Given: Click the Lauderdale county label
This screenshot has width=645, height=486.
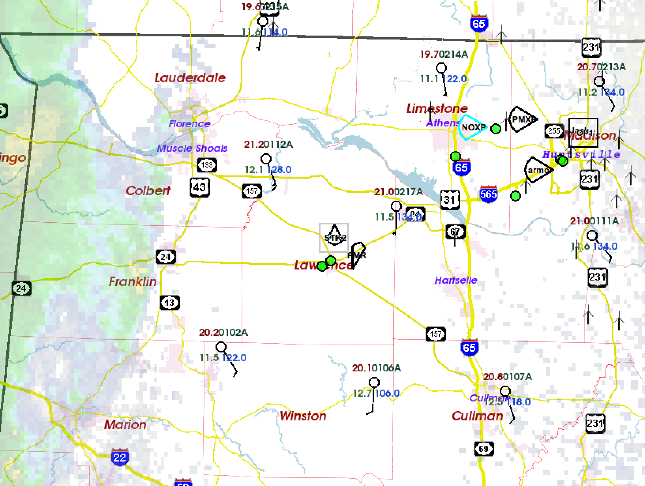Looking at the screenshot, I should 190,78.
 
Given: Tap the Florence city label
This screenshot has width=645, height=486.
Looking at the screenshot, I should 189,124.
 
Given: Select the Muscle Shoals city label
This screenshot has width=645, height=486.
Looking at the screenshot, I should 192,149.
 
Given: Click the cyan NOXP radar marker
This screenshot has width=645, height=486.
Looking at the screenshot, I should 473,127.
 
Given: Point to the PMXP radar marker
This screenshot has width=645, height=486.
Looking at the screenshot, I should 523,119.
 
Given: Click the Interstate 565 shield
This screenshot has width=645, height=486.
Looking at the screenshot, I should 488,194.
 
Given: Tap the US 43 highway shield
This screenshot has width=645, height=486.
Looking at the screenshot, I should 200,187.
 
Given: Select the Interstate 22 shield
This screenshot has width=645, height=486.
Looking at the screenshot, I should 119,458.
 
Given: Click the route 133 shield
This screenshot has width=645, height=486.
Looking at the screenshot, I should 207,165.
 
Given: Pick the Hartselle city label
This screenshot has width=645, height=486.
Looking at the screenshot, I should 456,281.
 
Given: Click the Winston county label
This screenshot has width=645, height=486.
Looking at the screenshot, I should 303,416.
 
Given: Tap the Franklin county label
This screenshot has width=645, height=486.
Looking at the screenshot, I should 133,282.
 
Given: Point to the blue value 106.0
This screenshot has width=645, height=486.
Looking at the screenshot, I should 387,394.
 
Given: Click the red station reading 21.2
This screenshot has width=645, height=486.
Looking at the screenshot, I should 253,145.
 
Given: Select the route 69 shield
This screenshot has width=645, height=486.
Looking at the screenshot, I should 484,449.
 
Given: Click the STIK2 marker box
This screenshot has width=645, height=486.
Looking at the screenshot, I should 334,237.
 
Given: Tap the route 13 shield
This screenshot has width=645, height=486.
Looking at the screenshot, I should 170,303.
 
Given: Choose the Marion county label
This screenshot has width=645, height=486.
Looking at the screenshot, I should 125,425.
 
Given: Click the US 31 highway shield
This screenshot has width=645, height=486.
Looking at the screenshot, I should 450,200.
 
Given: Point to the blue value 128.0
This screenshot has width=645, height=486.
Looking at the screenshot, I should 279,170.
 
